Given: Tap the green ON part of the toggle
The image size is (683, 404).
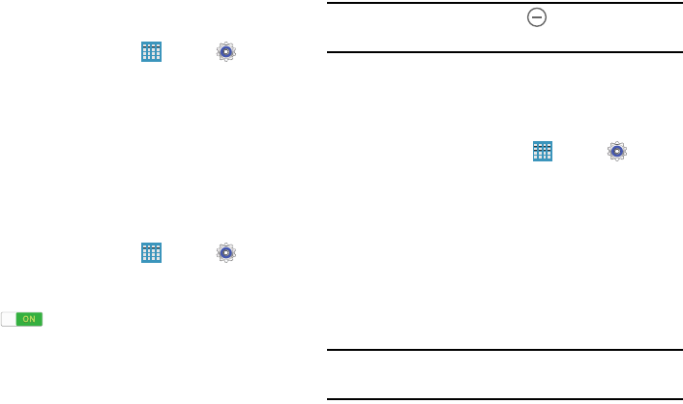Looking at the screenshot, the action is click(x=29, y=319).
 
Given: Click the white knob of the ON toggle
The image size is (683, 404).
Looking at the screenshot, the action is click(x=9, y=319).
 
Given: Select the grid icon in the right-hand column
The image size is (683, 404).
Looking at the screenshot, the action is click(x=542, y=151).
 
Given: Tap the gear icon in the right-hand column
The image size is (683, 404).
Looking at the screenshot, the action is click(x=617, y=151).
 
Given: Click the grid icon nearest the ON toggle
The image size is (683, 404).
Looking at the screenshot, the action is click(x=151, y=253).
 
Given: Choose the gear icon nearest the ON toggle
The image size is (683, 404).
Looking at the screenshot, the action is click(x=226, y=253).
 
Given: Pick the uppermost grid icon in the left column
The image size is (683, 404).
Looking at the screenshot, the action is click(x=151, y=52).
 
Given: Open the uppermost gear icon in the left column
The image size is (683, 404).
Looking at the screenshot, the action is click(x=226, y=52).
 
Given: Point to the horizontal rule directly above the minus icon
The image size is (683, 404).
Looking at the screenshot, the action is click(x=503, y=3).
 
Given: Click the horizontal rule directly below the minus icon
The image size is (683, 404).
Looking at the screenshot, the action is click(x=503, y=52).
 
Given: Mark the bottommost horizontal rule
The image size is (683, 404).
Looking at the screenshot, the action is click(x=503, y=399).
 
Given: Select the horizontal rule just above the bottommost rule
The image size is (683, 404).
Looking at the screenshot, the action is click(x=503, y=350).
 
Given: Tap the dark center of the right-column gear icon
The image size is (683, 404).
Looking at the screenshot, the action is click(x=617, y=151).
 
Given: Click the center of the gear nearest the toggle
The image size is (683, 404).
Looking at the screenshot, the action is click(x=226, y=253).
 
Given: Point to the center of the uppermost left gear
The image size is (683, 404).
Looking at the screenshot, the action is click(x=226, y=52).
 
